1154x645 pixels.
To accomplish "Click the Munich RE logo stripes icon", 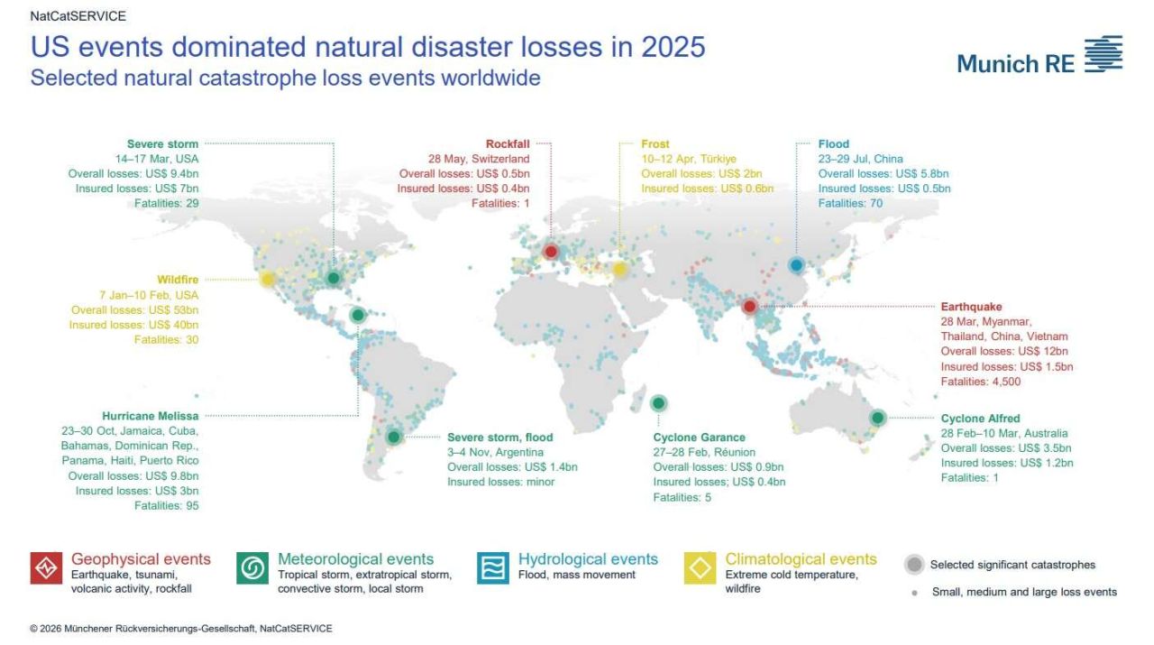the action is (1104, 53).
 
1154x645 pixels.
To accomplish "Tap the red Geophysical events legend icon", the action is (46, 568).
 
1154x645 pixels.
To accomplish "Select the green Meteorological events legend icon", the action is (252, 568).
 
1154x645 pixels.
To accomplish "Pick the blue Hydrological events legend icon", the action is (493, 568).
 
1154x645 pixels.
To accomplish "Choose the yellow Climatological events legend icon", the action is (701, 568).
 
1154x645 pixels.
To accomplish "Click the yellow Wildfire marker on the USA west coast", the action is (268, 280).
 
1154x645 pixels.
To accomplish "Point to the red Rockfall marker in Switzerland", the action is (551, 252).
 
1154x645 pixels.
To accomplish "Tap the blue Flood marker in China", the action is (796, 265).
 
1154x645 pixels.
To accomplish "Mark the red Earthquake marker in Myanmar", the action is (749, 306).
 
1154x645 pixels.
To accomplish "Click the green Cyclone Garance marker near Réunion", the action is (658, 403).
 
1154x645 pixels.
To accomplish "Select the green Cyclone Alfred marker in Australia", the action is (878, 417).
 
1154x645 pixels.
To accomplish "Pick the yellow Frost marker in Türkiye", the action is (619, 269).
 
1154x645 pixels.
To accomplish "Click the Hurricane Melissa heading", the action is (150, 416).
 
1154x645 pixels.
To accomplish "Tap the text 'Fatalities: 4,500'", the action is (980, 382).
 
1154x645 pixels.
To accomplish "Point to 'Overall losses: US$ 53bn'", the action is (134, 309).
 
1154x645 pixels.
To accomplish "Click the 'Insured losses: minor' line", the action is (500, 482).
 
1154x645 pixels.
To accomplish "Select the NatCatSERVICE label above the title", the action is (78, 16).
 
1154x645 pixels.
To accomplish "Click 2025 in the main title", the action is (673, 47).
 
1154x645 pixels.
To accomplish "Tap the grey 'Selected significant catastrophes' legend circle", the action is (914, 565).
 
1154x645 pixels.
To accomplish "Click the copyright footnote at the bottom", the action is (181, 629).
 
